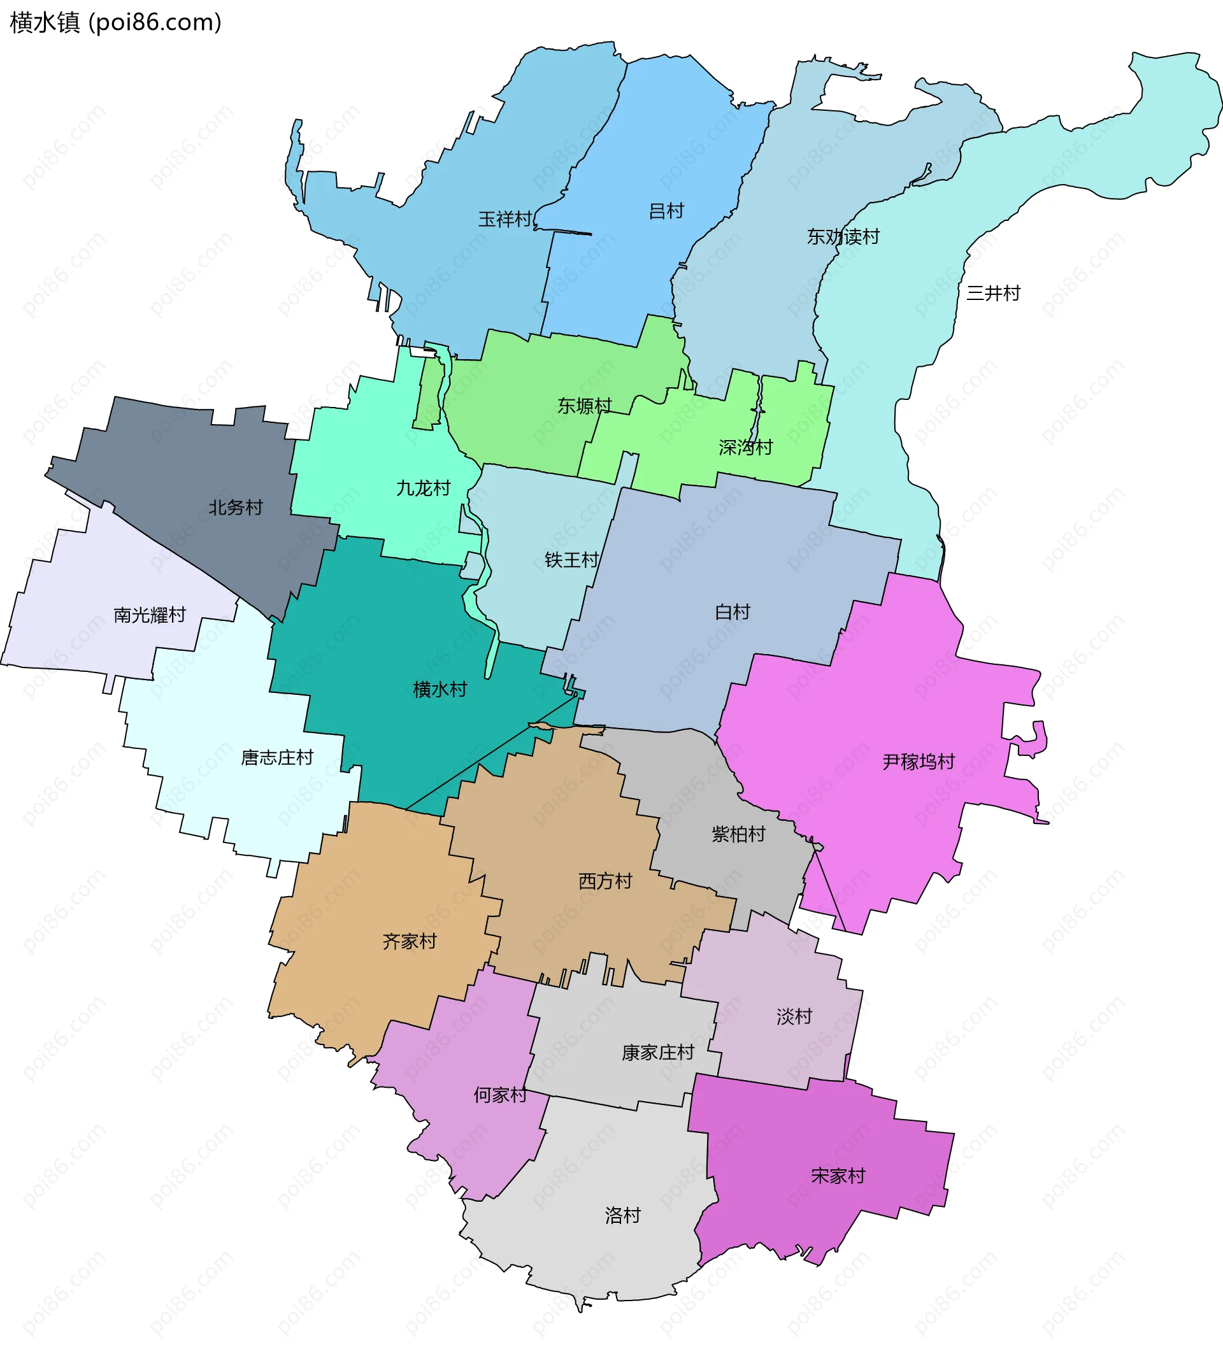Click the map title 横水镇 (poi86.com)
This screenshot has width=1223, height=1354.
(x=115, y=23)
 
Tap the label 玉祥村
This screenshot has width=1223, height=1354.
(x=504, y=219)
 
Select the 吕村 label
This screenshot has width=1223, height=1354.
(x=666, y=211)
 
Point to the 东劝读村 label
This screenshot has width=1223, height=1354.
(x=843, y=236)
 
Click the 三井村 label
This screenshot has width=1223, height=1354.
(x=992, y=293)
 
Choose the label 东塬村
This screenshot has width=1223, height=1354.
(x=584, y=406)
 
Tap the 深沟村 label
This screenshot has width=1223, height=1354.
(x=745, y=447)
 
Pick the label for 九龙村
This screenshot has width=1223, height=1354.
(x=423, y=488)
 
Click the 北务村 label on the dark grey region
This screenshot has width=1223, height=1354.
(x=235, y=507)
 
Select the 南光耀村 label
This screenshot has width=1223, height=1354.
(x=149, y=615)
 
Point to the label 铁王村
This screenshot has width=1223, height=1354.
(x=571, y=559)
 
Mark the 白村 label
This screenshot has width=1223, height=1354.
(x=732, y=612)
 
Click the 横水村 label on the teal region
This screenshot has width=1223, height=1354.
(x=440, y=689)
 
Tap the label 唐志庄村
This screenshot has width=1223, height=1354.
(x=276, y=758)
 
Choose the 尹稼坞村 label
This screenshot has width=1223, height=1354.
(x=918, y=762)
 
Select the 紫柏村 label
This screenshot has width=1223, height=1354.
(x=739, y=834)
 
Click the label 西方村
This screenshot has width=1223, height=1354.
(x=605, y=881)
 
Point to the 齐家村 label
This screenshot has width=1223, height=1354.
(x=409, y=941)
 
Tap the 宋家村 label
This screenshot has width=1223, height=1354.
(x=838, y=1175)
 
